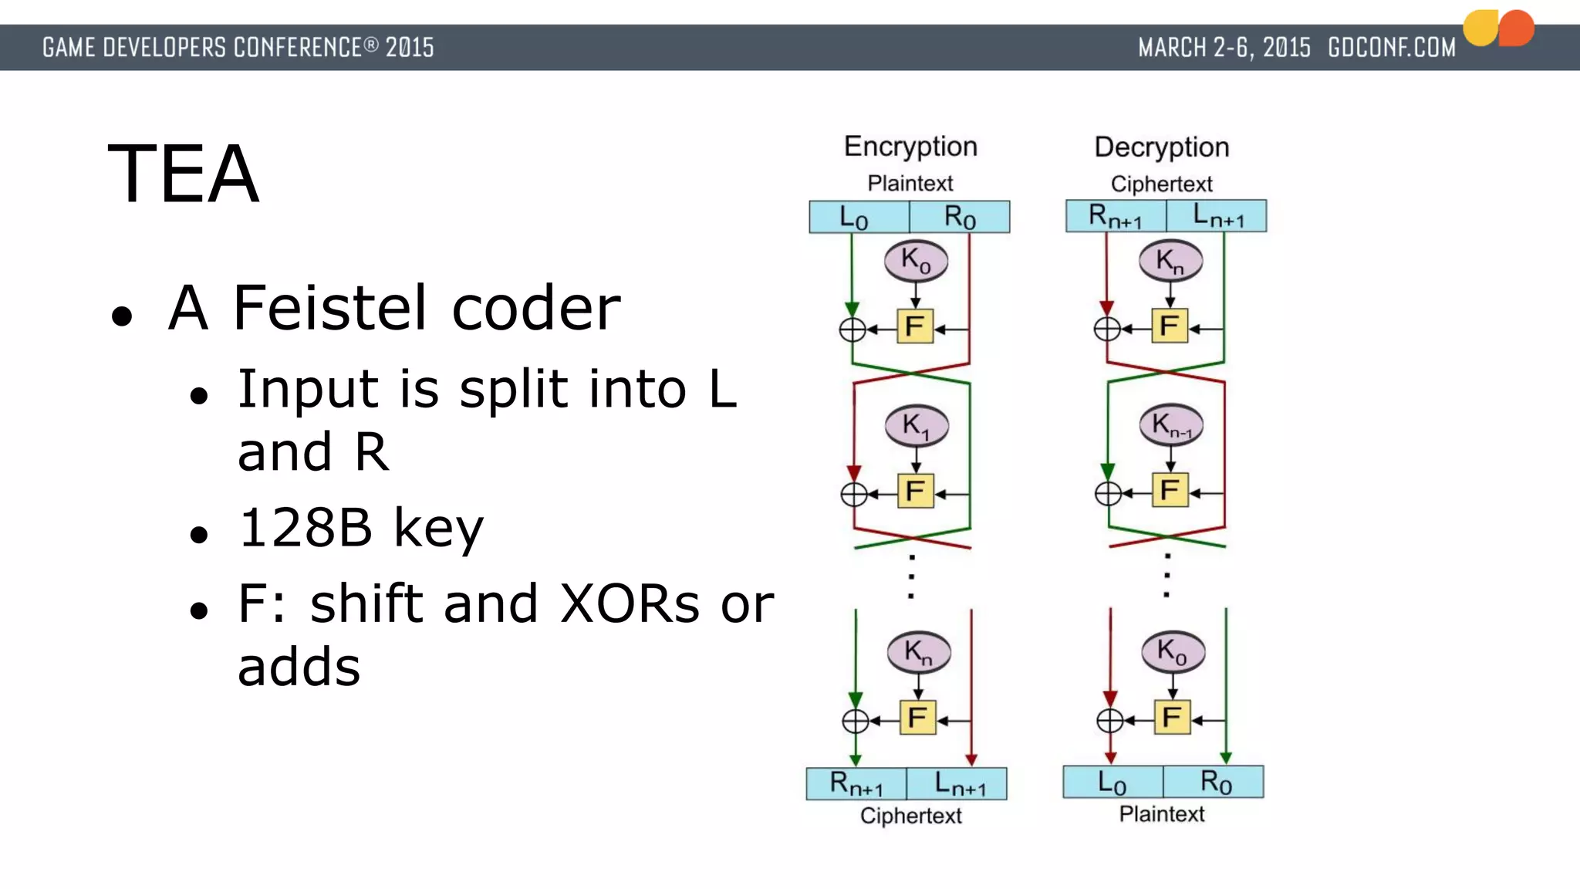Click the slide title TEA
tap(183, 175)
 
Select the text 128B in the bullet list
tap(306, 529)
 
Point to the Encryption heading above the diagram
tap(910, 147)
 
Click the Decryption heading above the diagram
tap(1161, 147)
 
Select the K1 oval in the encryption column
tap(916, 425)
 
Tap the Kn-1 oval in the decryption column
tap(1171, 424)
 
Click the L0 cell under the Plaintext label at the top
tap(858, 217)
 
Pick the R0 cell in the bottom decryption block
tap(1214, 782)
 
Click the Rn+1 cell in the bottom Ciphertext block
tap(856, 783)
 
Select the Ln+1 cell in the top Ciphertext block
tap(1217, 215)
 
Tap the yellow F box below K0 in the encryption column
tap(915, 326)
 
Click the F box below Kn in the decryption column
tap(1170, 326)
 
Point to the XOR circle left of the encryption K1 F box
tap(854, 494)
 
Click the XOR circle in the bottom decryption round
tap(1109, 721)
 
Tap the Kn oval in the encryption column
tap(918, 652)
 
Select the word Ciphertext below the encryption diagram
tap(910, 816)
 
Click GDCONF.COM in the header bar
tap(1391, 48)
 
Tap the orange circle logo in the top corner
tap(1517, 28)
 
